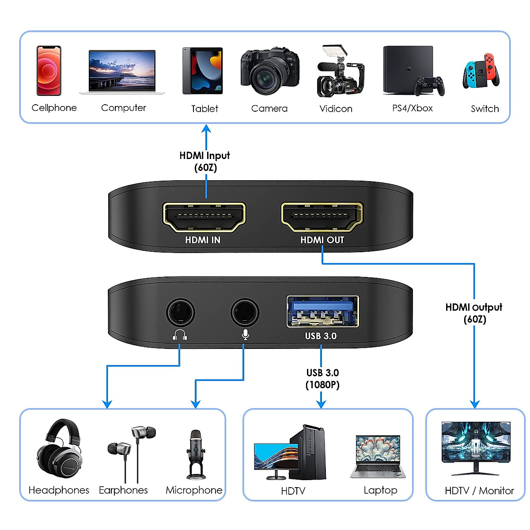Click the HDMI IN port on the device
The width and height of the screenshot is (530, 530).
(204, 216)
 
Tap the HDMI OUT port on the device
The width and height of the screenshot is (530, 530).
(322, 216)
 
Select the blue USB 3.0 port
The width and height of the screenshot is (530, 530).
(322, 312)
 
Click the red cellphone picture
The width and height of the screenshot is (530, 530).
(49, 71)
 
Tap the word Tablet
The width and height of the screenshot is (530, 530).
(204, 109)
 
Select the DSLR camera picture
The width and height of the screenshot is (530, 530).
(269, 71)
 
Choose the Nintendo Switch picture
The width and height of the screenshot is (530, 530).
(481, 72)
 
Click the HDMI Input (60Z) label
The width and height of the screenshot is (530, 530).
(205, 161)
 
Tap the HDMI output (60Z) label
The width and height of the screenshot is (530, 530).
(474, 313)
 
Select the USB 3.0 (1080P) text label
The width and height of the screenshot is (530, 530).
(322, 379)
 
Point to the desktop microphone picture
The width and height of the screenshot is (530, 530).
(196, 455)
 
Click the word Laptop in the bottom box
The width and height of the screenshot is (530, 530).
(380, 490)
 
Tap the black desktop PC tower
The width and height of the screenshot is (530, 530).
(309, 453)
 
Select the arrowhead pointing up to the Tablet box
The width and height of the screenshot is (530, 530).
(206, 129)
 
